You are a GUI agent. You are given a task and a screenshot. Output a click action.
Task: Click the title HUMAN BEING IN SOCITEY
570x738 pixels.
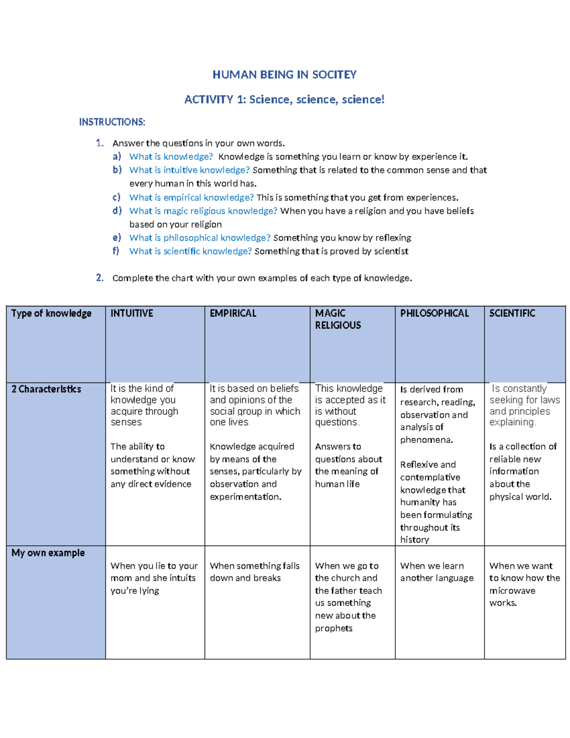(284, 75)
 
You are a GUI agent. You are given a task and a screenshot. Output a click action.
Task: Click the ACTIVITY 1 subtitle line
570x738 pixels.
(284, 99)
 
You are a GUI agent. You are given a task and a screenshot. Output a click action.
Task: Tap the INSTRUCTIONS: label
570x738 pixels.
(112, 122)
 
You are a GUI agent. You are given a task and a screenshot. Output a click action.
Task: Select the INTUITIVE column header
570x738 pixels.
(132, 313)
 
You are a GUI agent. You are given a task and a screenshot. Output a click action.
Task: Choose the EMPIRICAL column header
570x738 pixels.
(233, 313)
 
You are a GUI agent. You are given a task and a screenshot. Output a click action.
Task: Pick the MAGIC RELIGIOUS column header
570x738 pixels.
(338, 319)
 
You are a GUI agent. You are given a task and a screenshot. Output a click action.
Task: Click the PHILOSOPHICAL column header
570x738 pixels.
(434, 313)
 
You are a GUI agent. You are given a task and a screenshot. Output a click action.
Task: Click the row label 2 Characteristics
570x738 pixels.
(46, 389)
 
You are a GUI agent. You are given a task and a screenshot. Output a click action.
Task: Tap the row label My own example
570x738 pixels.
(48, 553)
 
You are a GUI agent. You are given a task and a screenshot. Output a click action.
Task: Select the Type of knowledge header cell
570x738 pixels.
(51, 313)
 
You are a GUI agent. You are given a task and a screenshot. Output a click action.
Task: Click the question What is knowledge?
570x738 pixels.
(171, 157)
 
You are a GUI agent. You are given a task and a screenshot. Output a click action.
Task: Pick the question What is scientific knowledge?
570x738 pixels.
(190, 251)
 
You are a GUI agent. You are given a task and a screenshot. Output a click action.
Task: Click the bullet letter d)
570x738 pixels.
(117, 211)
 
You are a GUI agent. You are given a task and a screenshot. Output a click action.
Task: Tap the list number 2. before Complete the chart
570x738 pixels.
(100, 278)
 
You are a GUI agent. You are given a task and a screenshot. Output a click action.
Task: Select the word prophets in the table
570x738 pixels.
(333, 628)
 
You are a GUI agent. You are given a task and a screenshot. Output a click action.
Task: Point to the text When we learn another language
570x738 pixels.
(437, 572)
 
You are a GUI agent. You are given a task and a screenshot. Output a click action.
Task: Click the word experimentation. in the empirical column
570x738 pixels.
(246, 497)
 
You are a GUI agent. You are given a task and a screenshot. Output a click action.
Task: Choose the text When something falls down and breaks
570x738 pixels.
(255, 572)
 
